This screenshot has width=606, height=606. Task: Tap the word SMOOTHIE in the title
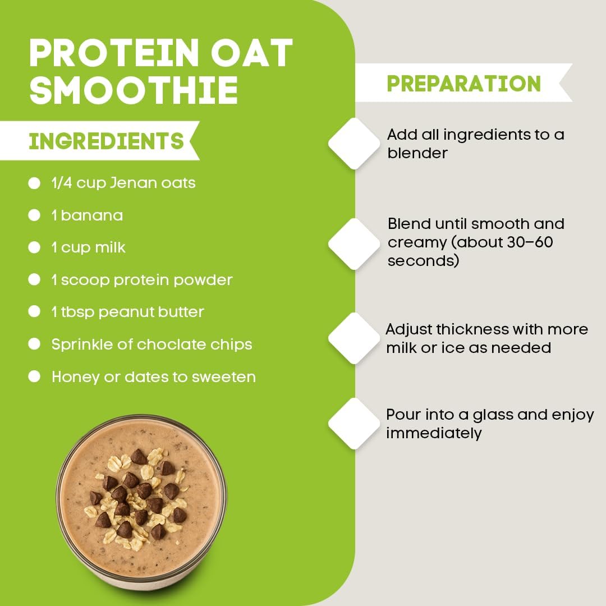[134, 90]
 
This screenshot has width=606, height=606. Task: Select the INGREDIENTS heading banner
[106, 140]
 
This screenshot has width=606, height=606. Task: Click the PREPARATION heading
[463, 83]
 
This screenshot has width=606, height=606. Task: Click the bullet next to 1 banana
[35, 215]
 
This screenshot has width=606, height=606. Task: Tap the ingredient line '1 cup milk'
[88, 247]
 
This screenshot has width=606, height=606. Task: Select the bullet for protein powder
[35, 279]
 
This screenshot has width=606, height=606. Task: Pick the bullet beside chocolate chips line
[35, 344]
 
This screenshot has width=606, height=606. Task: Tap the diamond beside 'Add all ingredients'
[354, 144]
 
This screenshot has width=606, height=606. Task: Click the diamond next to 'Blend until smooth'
[354, 244]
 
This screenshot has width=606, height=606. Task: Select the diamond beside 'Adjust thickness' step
[354, 338]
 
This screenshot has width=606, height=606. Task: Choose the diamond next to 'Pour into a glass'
[354, 423]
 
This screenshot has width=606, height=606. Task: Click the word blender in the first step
[417, 153]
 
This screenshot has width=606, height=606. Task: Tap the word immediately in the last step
[434, 433]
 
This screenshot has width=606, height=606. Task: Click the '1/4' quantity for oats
[62, 183]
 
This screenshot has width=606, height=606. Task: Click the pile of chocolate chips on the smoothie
[137, 494]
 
